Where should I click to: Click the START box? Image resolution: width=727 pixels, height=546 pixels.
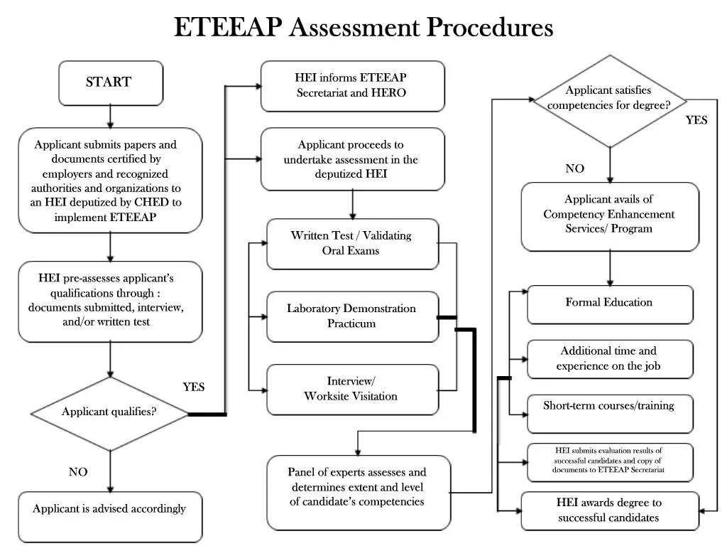coord(110,82)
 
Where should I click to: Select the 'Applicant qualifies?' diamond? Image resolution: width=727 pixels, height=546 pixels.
coord(109,412)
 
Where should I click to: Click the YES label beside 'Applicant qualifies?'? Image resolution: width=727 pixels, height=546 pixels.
coord(193,387)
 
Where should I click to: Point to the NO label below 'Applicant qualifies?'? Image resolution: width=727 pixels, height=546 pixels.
coord(78,472)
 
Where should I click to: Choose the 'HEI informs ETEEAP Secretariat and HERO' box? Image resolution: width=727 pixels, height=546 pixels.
coord(352,85)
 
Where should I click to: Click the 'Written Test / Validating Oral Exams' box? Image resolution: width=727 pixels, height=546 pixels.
coord(352,243)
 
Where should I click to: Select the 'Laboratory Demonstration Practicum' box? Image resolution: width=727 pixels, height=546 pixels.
coord(352,316)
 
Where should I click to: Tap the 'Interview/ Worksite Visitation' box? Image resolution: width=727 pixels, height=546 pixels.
coord(352,389)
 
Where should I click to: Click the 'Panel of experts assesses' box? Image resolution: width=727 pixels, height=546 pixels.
coord(358,491)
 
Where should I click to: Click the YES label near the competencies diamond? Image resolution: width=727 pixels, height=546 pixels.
coord(696,120)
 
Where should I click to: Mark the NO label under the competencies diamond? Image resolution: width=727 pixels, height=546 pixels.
coord(574,169)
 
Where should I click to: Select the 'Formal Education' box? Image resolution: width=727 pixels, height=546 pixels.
coord(609,304)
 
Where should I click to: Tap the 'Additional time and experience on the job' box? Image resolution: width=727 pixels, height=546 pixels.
coord(609,358)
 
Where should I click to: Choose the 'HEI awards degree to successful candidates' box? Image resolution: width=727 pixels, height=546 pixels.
coord(609,510)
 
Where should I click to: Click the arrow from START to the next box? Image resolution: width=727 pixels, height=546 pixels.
coord(110,116)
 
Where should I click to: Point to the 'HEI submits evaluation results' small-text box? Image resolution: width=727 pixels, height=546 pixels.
coord(609,461)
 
